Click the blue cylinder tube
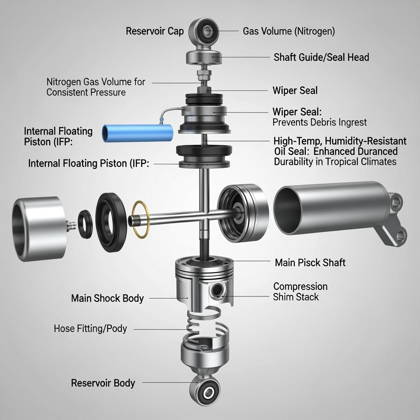click(x=137, y=133)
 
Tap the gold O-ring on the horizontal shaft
click(x=141, y=219)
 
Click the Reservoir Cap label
click(x=155, y=31)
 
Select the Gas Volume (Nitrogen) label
click(x=289, y=31)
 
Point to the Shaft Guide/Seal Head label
click(x=322, y=57)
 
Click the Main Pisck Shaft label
click(x=310, y=262)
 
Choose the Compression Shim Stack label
click(x=300, y=292)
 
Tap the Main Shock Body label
click(x=107, y=298)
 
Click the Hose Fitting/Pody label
click(x=90, y=329)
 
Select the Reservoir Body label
click(x=103, y=383)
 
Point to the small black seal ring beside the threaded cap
click(x=85, y=224)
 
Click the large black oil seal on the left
click(x=111, y=222)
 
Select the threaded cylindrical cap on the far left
click(x=40, y=229)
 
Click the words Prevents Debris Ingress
click(x=320, y=122)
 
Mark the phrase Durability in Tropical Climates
click(x=335, y=162)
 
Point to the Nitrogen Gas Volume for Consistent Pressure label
click(x=96, y=87)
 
